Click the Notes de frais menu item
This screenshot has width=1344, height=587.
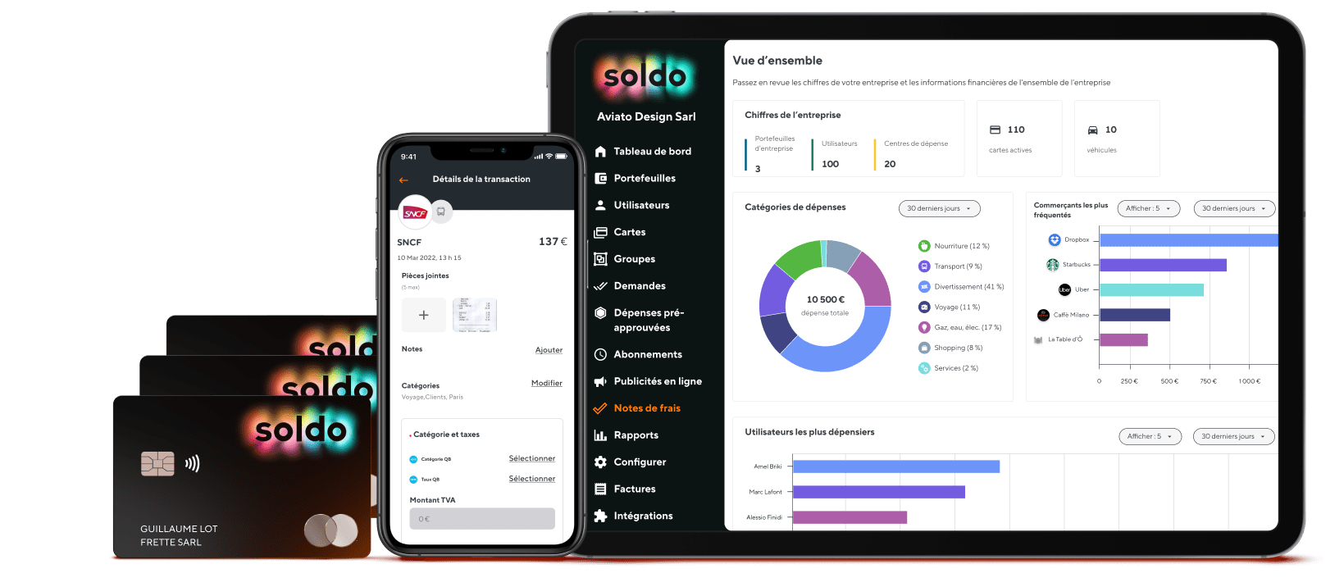pyautogui.click(x=646, y=408)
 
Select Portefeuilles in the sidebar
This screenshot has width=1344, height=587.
pyautogui.click(x=644, y=178)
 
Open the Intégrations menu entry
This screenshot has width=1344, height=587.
pyautogui.click(x=642, y=516)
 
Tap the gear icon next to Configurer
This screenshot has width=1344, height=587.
pyautogui.click(x=600, y=462)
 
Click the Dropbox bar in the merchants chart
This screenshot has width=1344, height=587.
pyautogui.click(x=1188, y=240)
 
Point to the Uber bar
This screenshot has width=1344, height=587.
pyautogui.click(x=1151, y=290)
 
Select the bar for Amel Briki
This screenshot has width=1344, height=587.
pyautogui.click(x=895, y=466)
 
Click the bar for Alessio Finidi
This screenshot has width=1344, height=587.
pyautogui.click(x=850, y=517)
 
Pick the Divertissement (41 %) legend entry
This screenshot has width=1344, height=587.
pyautogui.click(x=968, y=287)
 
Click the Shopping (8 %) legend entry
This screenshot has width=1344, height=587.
pyautogui.click(x=958, y=348)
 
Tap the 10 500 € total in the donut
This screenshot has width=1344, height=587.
pyautogui.click(x=825, y=300)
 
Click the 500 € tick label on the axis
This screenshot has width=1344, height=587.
pyautogui.click(x=1169, y=381)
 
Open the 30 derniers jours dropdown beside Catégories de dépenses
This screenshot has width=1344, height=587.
pyautogui.click(x=939, y=208)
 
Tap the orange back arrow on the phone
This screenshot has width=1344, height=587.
pyautogui.click(x=403, y=180)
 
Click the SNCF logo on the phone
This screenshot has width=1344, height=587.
pyautogui.click(x=415, y=213)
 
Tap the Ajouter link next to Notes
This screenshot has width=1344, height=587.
pyautogui.click(x=549, y=350)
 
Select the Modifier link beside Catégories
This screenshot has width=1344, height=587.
pyautogui.click(x=546, y=383)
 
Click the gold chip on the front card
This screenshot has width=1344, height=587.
pyautogui.click(x=157, y=464)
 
